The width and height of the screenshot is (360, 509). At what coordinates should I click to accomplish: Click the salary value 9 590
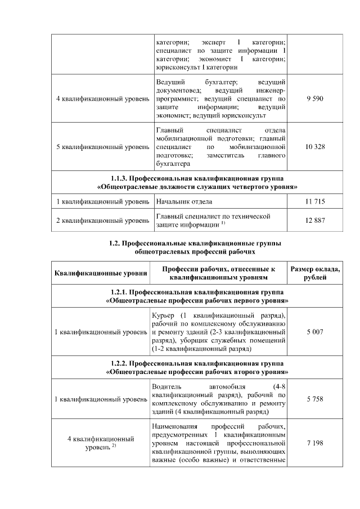pyautogui.click(x=315, y=99)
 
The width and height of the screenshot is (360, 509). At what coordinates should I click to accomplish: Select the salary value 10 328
pyautogui.click(x=315, y=147)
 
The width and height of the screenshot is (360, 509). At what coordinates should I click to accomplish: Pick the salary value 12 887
pyautogui.click(x=315, y=220)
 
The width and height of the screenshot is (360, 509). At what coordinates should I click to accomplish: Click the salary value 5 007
pyautogui.click(x=315, y=332)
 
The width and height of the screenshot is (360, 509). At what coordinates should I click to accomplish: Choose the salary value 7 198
pyautogui.click(x=315, y=443)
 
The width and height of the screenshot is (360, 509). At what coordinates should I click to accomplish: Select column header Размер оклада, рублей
pyautogui.click(x=315, y=273)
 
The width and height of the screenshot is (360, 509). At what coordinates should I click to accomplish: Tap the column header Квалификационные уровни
pyautogui.click(x=101, y=274)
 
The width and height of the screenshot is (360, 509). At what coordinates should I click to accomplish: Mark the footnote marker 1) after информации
pyautogui.click(x=223, y=224)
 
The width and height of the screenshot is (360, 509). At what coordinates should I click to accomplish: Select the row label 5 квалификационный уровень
pyautogui.click(x=101, y=147)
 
